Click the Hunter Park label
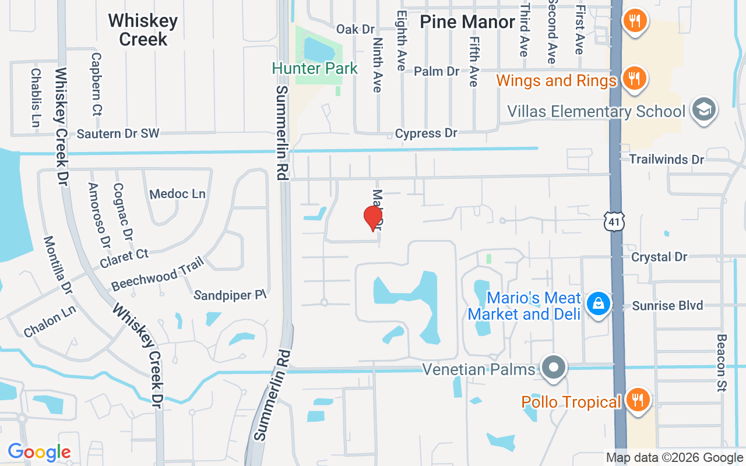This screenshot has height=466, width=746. [315, 69]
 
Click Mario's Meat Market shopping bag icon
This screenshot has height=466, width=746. [598, 303]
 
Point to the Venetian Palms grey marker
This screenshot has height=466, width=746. [554, 368]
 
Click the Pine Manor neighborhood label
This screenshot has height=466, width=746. [467, 22]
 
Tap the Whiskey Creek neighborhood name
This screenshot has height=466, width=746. [143, 30]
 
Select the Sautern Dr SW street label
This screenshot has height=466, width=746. [118, 134]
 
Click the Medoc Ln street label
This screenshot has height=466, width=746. [177, 194]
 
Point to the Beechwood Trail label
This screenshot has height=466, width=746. [157, 273]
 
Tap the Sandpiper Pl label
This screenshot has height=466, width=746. [230, 295]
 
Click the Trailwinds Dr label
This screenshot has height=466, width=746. [667, 159]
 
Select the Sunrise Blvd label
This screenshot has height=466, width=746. [668, 305]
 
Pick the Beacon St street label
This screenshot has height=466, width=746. [722, 362]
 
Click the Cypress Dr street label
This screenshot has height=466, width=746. [426, 133]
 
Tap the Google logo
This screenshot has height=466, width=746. [39, 452]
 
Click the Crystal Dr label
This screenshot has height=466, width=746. [659, 257]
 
